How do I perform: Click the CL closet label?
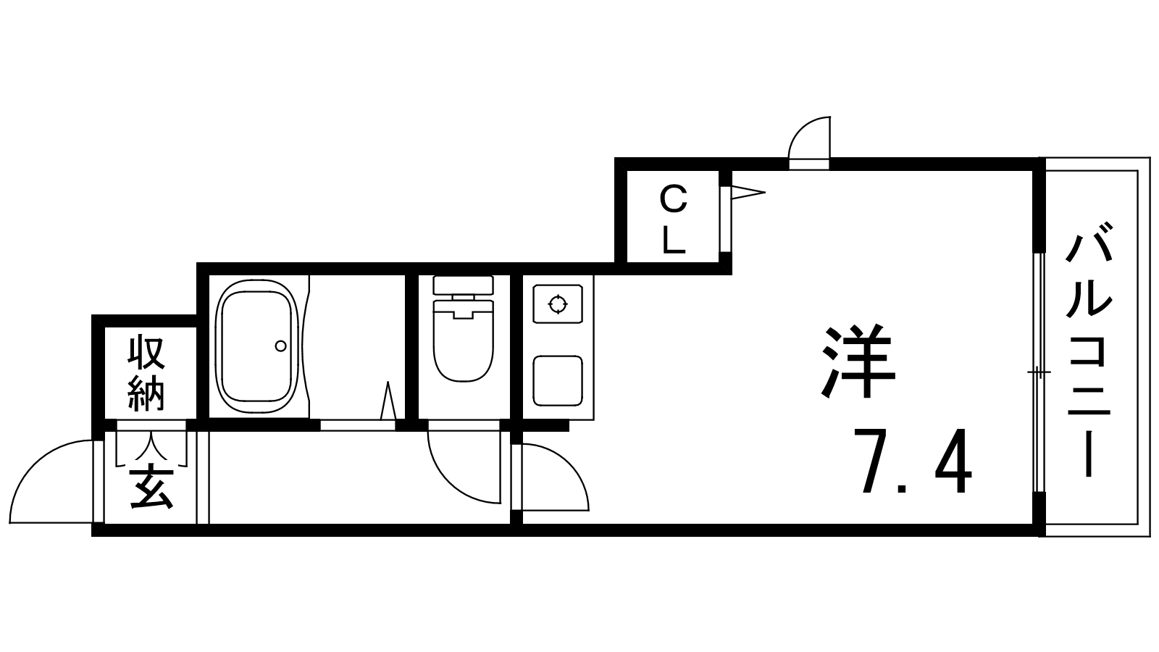pyautogui.click(x=674, y=219)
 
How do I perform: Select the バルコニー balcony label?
pyautogui.click(x=1088, y=355)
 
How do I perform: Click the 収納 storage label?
pyautogui.click(x=146, y=373)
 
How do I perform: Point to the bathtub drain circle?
pyautogui.click(x=280, y=346)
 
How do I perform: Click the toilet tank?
pyautogui.click(x=463, y=284)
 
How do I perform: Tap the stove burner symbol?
pyautogui.click(x=557, y=304)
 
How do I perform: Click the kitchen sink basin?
pyautogui.click(x=557, y=380)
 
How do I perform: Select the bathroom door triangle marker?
pyautogui.click(x=388, y=402)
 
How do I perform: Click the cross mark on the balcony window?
pyautogui.click(x=1039, y=373)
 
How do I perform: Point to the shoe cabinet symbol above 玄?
pyautogui.click(x=151, y=448)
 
